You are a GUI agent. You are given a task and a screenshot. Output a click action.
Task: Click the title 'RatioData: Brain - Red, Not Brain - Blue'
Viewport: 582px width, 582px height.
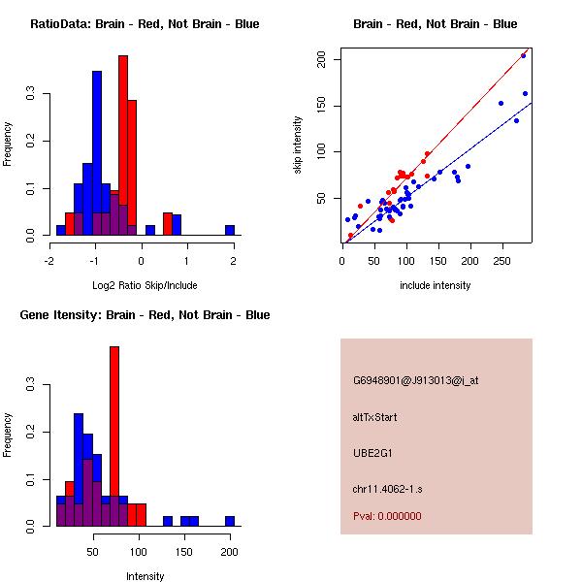(x=145, y=24)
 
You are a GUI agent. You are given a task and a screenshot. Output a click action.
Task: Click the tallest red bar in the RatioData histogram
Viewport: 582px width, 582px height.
(x=123, y=145)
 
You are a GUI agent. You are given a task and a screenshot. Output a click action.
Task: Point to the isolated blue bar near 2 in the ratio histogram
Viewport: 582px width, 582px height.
(x=230, y=230)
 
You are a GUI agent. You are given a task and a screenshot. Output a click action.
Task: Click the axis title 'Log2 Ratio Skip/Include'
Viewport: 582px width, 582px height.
(x=145, y=285)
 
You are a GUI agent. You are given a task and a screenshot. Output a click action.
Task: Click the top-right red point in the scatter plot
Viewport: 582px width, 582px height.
(x=524, y=55)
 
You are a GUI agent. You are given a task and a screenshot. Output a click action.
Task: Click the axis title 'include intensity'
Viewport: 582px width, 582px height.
(x=436, y=285)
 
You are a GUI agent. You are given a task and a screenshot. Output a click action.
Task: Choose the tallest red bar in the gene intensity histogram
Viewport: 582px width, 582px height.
(x=114, y=436)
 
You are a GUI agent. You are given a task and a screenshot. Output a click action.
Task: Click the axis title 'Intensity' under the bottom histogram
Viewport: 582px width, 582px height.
(x=145, y=575)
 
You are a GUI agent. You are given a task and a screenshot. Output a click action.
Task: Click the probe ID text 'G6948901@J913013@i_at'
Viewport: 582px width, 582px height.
(x=415, y=380)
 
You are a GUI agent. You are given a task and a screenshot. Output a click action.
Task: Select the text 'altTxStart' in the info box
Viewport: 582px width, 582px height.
(x=375, y=417)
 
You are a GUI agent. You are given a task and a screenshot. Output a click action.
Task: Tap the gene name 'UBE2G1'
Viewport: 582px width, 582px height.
(x=372, y=452)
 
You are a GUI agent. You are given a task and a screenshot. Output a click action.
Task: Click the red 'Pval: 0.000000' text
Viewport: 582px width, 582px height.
(x=386, y=516)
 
